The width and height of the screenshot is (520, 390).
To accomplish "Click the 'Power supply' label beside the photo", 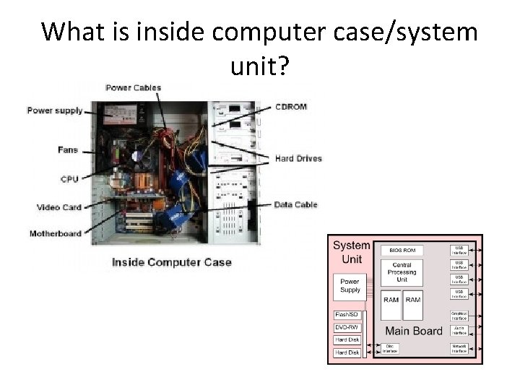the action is coord(55,110).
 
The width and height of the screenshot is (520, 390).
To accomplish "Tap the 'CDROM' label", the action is coord(291,107).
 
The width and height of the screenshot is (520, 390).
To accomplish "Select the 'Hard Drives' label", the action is coord(298,158).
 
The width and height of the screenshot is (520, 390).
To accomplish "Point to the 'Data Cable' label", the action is coord(296,204).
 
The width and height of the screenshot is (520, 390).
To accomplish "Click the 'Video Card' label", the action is coord(59,207).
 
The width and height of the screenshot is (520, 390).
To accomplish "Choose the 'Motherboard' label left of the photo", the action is coord(56,233).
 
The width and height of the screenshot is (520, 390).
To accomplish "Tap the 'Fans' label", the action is coord(68,150).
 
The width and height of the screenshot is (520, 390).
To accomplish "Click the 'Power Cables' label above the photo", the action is coord(134,88).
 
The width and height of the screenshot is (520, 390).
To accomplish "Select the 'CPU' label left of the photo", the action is coord(70,178).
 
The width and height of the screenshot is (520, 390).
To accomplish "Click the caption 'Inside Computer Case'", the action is coord(172,262).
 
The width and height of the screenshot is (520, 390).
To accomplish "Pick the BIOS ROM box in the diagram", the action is coord(402,251).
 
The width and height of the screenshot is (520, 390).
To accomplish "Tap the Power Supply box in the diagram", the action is coord(350,286).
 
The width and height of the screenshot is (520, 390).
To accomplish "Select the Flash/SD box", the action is coord(347,314).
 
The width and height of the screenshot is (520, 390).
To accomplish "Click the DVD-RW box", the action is coord(347,327).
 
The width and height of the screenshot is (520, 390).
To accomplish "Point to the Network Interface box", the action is coord(459,349).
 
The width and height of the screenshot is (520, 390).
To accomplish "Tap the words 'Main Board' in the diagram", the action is coord(414,331).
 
